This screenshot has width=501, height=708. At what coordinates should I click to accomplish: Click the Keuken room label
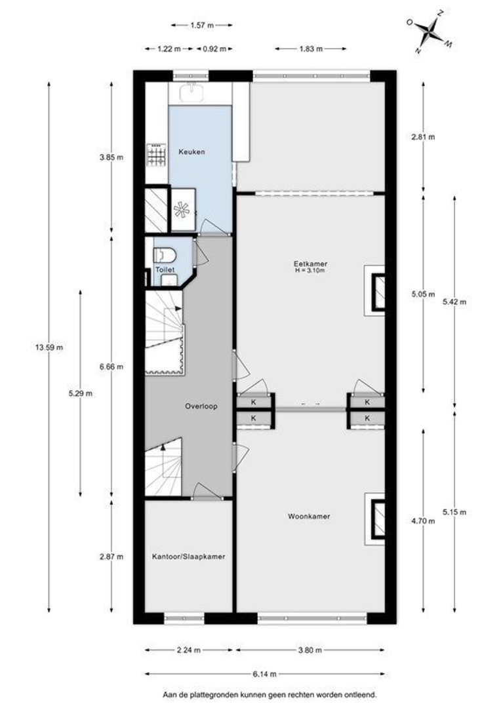(191, 151)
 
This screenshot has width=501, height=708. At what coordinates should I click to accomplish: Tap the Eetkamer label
(310, 264)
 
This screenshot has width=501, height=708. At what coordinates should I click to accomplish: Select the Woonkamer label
(309, 516)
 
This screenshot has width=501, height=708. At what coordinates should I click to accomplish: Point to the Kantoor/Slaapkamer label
(188, 557)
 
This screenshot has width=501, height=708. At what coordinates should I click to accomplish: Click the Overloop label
(201, 406)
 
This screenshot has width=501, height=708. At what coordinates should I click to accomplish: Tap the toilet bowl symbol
(165, 256)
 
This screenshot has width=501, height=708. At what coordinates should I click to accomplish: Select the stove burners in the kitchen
(156, 155)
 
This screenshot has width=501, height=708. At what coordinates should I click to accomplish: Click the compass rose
(430, 32)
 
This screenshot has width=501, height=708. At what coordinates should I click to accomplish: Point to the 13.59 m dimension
(49, 347)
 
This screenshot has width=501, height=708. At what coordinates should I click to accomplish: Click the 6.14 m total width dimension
(265, 674)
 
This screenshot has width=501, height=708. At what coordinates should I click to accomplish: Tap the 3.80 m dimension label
(310, 650)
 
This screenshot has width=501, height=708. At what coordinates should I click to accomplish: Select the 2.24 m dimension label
(188, 650)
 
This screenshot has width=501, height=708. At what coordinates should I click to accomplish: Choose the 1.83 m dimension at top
(311, 49)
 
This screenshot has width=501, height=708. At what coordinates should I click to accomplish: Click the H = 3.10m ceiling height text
(310, 271)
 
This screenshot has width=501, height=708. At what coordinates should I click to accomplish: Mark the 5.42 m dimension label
(454, 302)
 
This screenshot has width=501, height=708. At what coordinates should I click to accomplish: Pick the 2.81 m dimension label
(424, 137)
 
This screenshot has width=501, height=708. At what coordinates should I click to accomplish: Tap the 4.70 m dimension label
(424, 521)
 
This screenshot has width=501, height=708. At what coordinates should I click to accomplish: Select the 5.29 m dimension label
(81, 393)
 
